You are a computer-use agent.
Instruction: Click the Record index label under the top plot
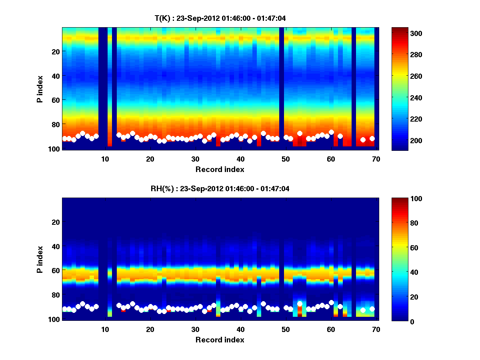220,169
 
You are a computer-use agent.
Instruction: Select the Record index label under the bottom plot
220,340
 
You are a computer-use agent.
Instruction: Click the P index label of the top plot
40,89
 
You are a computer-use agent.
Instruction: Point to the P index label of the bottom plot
40,259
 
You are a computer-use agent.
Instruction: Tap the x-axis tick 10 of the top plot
105,159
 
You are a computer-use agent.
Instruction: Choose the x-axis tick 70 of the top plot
376,159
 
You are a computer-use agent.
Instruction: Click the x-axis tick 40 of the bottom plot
240,329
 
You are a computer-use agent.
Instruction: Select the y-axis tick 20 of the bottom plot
56,222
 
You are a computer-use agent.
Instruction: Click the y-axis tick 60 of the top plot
56,100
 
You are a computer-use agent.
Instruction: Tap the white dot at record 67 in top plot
363,140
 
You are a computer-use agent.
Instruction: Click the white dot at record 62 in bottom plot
340,306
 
